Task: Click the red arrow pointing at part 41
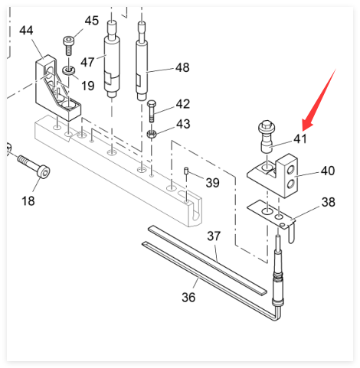tap(319, 99)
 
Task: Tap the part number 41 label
tap(300, 139)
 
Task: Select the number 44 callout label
tap(26, 31)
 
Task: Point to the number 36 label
tap(188, 298)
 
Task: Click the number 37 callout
tap(214, 236)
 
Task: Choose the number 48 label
tap(182, 67)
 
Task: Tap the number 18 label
tap(28, 201)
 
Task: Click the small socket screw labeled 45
tap(68, 46)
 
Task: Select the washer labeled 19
tap(68, 70)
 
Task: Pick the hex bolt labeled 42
tap(152, 111)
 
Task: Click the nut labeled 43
tap(152, 134)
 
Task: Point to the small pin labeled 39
tap(186, 171)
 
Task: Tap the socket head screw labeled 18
tap(34, 167)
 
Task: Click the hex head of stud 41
tap(267, 125)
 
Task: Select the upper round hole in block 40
tap(290, 169)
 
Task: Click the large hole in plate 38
tap(267, 211)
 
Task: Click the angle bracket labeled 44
tap(57, 87)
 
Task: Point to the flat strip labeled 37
tap(208, 259)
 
